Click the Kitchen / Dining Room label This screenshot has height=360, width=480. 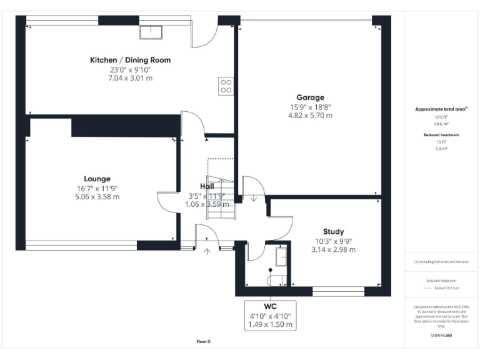[130, 60]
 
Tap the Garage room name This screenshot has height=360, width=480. [310, 97]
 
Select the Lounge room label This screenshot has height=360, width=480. [97, 179]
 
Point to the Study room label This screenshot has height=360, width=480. [333, 231]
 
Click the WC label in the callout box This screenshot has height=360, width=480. [270, 307]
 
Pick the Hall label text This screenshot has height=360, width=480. [207, 186]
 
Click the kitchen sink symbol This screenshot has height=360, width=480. [151, 31]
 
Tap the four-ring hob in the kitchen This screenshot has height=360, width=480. [226, 86]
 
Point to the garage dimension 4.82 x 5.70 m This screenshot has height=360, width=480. [310, 116]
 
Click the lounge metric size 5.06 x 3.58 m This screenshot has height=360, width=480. [97, 196]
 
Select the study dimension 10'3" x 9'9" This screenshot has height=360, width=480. [333, 241]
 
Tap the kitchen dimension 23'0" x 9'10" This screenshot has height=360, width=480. [130, 69]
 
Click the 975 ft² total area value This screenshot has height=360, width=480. [441, 117]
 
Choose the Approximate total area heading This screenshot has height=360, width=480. [441, 109]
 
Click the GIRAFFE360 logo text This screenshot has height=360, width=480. [441, 336]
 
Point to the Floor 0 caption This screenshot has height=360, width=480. [204, 341]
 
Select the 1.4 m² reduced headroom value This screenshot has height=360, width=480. [441, 149]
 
